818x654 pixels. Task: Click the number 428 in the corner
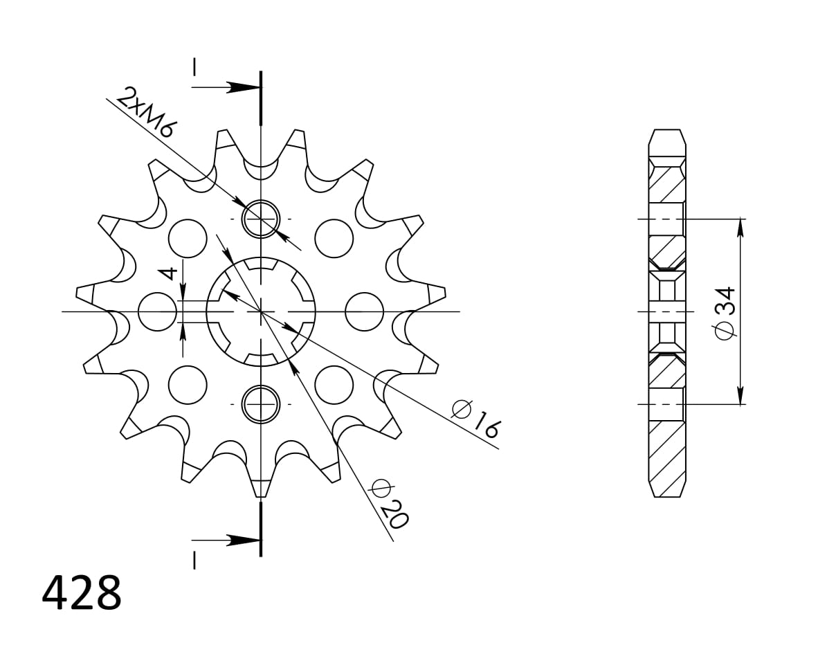[82, 594]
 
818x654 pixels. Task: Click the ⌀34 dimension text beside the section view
[725, 312]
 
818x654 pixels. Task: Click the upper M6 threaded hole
[260, 219]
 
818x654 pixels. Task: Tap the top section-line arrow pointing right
[243, 87]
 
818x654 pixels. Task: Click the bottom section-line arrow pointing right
[243, 540]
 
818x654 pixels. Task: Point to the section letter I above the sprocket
[195, 67]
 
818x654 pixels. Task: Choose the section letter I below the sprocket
[195, 559]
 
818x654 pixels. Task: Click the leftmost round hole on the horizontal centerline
[157, 311]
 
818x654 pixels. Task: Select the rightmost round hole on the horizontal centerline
[364, 311]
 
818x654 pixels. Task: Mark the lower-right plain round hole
[334, 384]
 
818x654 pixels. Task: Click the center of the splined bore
[261, 311]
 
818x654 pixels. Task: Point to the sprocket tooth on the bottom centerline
[261, 487]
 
